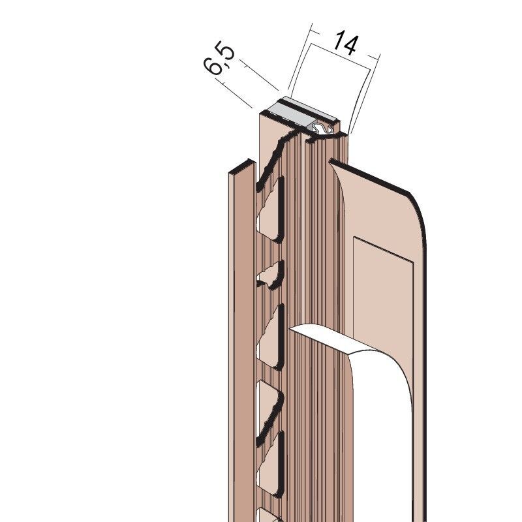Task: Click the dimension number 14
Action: (346, 42)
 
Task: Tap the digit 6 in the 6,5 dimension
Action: (213, 67)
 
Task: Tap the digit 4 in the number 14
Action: (351, 45)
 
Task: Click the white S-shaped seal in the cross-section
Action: (322, 129)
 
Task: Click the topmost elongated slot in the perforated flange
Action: (270, 209)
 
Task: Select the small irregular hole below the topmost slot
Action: (270, 275)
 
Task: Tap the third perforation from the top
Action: (270, 336)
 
